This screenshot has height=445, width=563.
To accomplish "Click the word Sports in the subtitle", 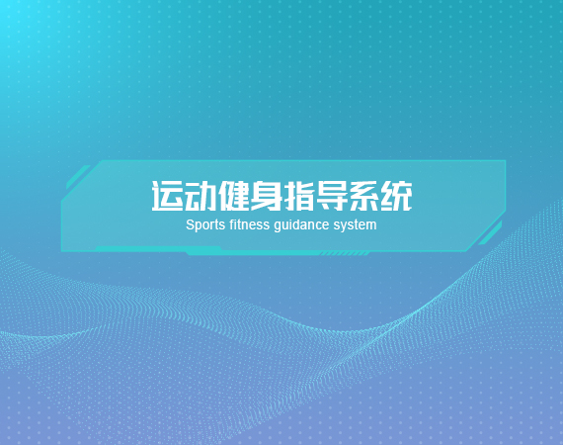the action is coord(205,225).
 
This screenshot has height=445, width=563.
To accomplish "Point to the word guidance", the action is coord(301,225).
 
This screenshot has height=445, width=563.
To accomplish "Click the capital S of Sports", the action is coord(190,224).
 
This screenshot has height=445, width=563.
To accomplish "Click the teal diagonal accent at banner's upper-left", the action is coord(78,177).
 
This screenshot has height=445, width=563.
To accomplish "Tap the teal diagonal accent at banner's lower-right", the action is coord(490,233).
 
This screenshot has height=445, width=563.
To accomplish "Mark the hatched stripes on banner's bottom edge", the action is coord(345,254).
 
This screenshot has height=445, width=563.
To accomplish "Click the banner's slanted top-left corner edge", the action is coord(80,181).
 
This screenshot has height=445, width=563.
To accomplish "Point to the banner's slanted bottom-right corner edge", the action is coord(486,231).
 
